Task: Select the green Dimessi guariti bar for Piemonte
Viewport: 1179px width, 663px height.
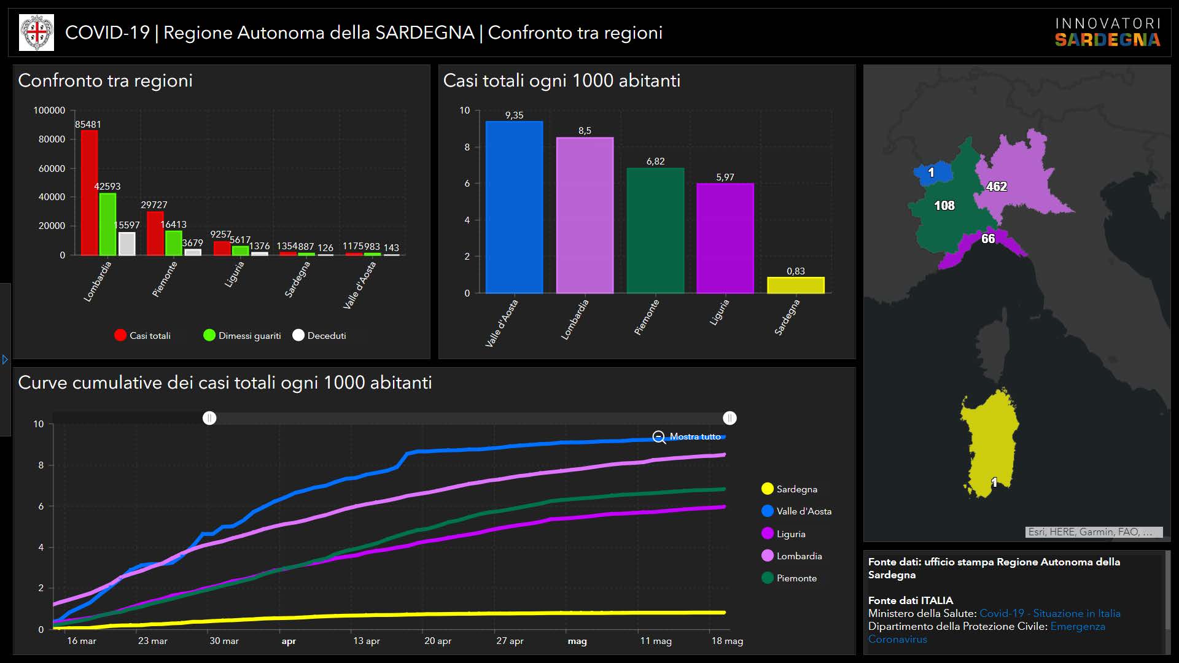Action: click(174, 242)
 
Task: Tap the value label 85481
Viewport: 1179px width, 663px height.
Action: click(88, 125)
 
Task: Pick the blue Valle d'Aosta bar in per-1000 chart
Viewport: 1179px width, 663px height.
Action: click(514, 207)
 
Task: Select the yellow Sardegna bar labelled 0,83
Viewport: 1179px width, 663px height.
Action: click(795, 285)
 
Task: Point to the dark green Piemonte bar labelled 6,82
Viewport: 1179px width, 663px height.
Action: click(655, 230)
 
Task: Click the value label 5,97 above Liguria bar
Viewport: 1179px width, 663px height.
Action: click(725, 177)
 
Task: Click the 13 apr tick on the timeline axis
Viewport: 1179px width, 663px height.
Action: click(366, 641)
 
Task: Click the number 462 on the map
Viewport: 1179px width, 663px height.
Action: click(996, 187)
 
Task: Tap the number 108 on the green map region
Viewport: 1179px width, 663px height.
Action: click(944, 206)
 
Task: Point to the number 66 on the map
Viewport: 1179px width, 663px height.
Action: click(987, 239)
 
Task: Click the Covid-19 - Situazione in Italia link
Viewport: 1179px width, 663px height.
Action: click(1049, 613)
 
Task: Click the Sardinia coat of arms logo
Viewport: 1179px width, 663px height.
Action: click(37, 33)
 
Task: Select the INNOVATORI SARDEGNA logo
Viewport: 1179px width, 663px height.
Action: click(1107, 33)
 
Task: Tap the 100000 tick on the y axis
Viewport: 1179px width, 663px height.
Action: click(49, 110)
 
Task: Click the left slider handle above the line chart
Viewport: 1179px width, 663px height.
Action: click(209, 418)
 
